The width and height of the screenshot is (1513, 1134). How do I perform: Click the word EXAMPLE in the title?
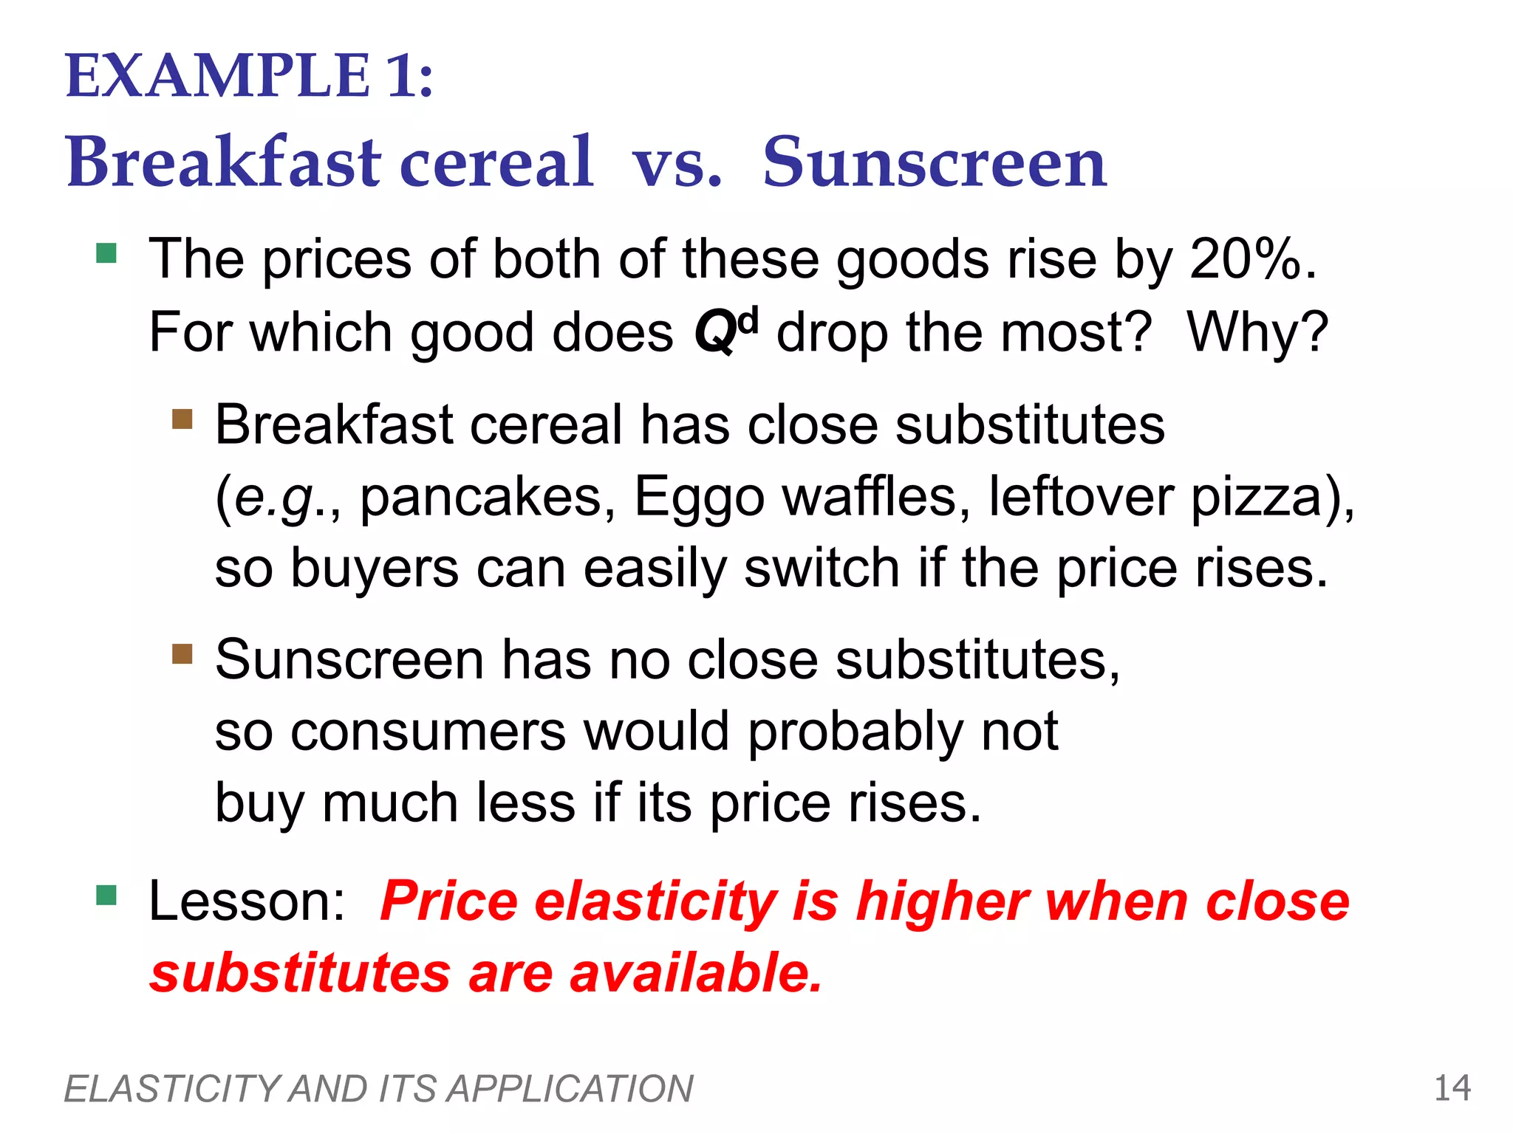[217, 76]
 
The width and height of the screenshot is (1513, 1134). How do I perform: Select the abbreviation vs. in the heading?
[677, 164]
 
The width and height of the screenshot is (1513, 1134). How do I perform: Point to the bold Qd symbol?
[725, 331]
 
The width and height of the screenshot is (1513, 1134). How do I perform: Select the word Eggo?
[699, 498]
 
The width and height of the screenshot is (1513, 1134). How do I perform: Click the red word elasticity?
[655, 902]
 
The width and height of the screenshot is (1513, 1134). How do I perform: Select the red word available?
[695, 973]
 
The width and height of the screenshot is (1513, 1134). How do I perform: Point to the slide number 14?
[1452, 1088]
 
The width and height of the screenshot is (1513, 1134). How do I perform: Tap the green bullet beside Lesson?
[106, 895]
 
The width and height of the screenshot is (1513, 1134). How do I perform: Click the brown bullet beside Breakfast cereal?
[182, 419]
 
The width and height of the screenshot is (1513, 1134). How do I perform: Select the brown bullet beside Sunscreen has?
[182, 654]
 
